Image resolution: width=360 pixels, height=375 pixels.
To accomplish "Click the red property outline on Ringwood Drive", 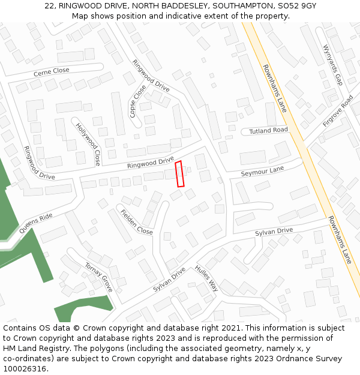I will [179, 174].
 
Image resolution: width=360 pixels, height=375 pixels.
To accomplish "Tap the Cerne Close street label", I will [51, 71].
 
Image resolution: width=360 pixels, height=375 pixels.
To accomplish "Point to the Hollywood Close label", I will [88, 144].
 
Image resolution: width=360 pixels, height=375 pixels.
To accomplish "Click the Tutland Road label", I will [268, 130].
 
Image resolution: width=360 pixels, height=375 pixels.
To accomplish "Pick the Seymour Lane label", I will [262, 170].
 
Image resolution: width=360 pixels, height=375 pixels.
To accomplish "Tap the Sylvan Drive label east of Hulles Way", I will [274, 231].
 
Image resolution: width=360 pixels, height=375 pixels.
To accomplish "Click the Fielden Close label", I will [136, 222].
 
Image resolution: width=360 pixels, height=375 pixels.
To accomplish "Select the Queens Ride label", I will [36, 224].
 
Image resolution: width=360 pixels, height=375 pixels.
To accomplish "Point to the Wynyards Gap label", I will [332, 64].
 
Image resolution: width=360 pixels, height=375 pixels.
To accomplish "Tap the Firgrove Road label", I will [338, 110].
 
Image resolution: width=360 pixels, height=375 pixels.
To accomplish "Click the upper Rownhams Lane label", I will [275, 88].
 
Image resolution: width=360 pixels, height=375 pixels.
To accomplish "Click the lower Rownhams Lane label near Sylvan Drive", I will [340, 239].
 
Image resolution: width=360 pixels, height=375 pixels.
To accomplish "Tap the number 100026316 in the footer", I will [25, 368].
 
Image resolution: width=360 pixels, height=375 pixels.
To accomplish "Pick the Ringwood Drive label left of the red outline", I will [150, 162].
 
